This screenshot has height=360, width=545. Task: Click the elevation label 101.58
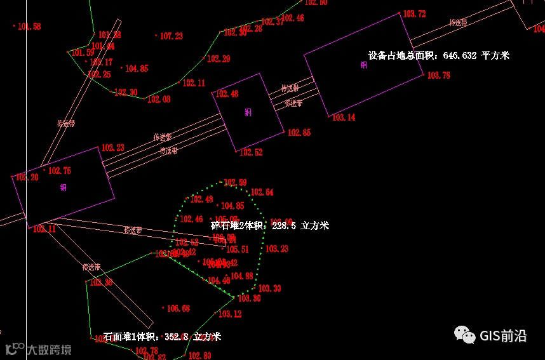(29, 27)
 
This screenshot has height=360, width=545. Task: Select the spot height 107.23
(171, 37)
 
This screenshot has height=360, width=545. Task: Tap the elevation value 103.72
(414, 14)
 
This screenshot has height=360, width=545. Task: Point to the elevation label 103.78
(438, 76)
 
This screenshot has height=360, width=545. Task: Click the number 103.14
(344, 117)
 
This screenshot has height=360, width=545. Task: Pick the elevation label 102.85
(299, 133)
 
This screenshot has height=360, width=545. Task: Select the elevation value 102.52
(251, 152)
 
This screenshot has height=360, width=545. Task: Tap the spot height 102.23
(113, 148)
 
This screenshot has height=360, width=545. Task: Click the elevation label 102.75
(60, 171)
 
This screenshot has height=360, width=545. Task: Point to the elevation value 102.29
(219, 59)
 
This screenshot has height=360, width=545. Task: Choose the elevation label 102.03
(159, 100)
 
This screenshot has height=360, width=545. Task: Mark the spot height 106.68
(178, 309)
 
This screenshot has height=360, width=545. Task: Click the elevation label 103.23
(277, 249)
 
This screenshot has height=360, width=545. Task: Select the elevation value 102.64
(262, 192)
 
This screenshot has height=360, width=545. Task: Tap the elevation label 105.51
(238, 250)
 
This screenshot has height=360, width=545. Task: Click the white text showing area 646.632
(439, 56)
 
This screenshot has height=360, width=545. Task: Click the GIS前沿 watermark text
(503, 336)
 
